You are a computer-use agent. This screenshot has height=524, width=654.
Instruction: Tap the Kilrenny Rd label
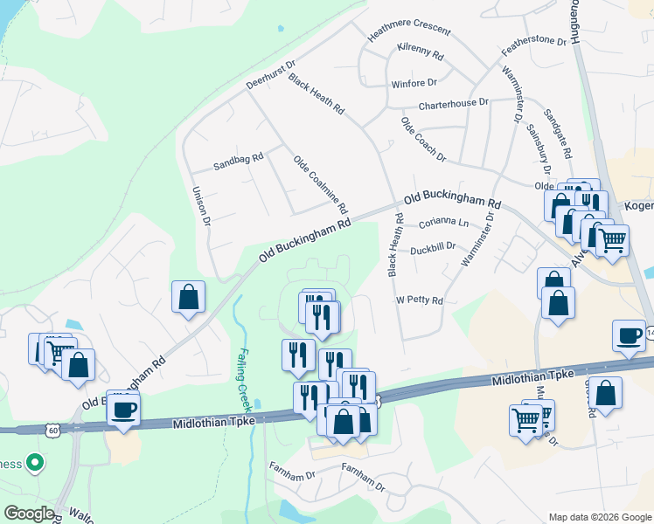[x=420, y=52]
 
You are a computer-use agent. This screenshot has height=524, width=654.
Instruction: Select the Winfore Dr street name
[x=414, y=83]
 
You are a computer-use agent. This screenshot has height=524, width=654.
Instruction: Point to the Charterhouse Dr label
[x=453, y=103]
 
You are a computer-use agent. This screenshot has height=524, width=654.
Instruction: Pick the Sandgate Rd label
[x=557, y=134]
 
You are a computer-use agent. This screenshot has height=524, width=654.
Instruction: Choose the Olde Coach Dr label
[x=423, y=139]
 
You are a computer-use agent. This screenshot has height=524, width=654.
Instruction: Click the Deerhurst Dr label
[x=271, y=75]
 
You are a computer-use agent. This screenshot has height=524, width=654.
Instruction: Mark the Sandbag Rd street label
[x=239, y=162]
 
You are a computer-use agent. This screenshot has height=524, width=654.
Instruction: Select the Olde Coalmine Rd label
[x=321, y=185]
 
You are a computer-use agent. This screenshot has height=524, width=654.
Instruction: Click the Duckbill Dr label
[x=434, y=246]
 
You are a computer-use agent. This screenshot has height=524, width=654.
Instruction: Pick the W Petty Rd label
[x=420, y=300]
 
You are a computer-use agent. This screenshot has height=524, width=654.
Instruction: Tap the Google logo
[x=29, y=514]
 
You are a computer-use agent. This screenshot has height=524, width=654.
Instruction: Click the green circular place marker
[x=35, y=462]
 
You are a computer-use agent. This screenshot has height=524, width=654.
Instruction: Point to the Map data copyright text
[x=599, y=517]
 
